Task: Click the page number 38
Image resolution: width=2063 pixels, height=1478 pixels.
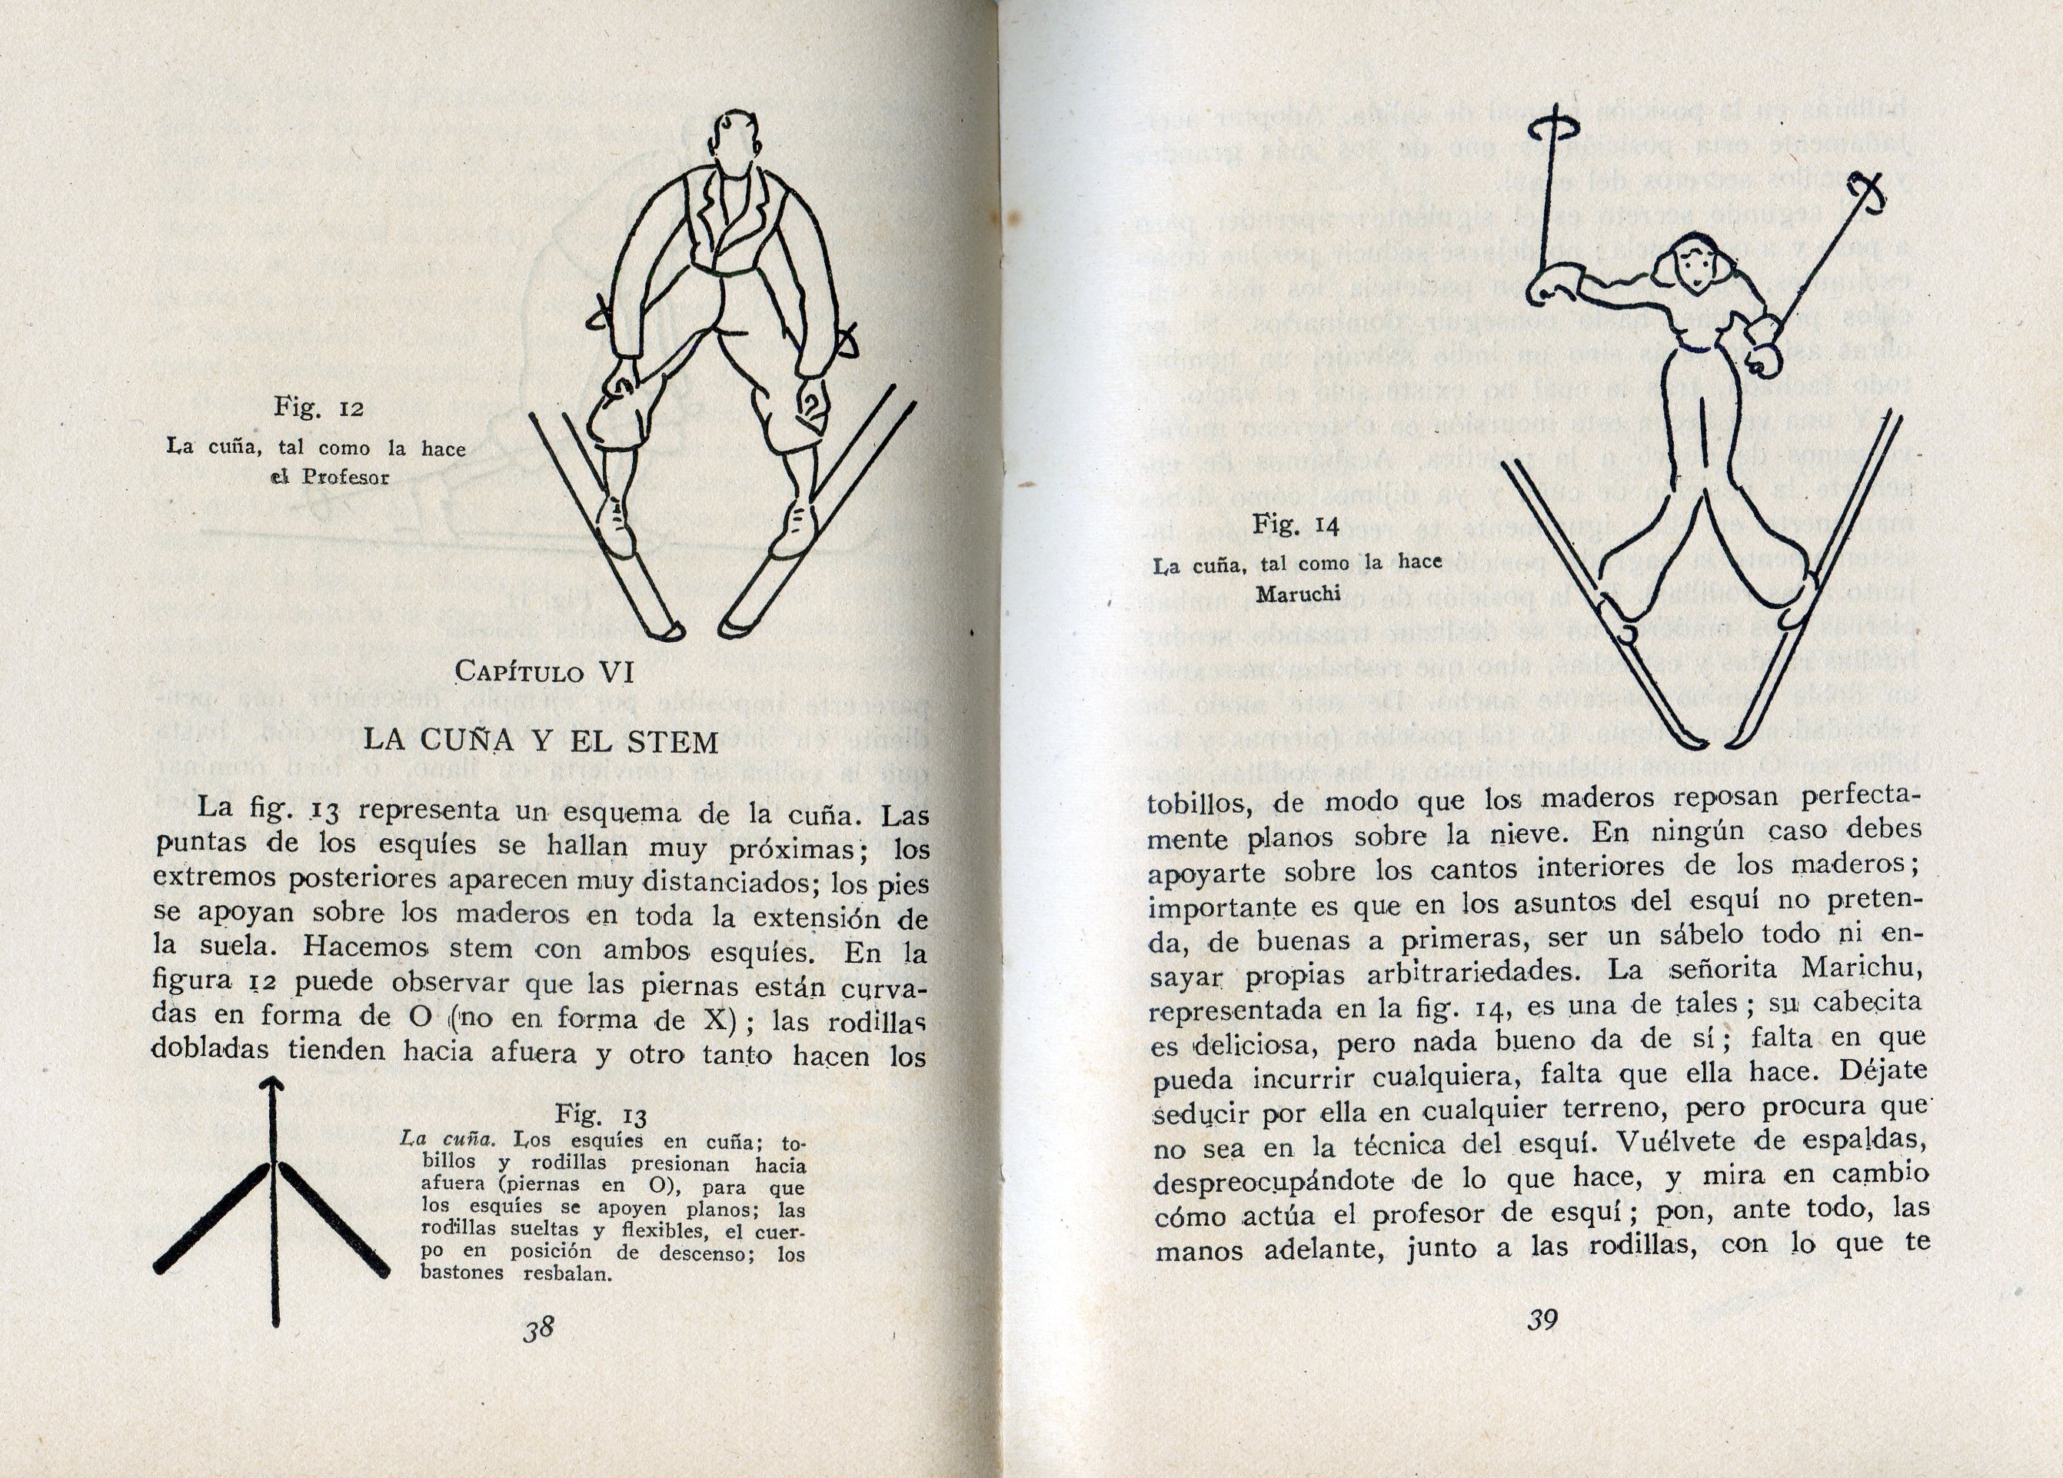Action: pos(538,1329)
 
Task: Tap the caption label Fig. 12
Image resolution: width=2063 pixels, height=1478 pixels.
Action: pos(318,408)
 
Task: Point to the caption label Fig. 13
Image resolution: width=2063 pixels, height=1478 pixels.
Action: pos(601,1115)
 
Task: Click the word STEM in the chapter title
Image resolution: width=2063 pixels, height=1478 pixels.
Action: pos(673,742)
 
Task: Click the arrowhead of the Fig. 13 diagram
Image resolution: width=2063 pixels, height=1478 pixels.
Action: pos(274,1084)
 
